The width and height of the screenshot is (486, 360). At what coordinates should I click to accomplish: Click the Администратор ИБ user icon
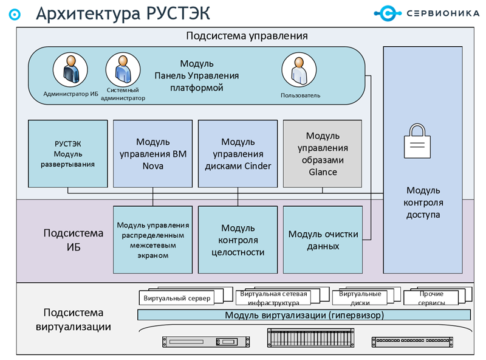70,70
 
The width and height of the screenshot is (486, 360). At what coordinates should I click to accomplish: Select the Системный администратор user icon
123,70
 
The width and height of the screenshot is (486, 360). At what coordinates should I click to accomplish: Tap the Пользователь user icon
299,70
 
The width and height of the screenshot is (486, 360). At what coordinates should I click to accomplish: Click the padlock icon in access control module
417,141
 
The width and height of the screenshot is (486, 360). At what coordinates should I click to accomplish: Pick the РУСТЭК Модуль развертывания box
68,154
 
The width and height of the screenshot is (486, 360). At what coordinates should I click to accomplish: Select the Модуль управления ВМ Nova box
153,154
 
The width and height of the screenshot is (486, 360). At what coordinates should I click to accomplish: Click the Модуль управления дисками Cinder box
238,154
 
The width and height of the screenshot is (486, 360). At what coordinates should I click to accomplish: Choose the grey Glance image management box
323,154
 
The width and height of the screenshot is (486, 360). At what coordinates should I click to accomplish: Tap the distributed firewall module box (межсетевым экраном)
153,240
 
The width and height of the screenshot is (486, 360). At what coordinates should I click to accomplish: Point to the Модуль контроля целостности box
238,240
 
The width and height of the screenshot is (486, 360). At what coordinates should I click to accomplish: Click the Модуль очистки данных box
323,240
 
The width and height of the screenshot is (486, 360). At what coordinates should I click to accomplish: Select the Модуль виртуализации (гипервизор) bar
304,315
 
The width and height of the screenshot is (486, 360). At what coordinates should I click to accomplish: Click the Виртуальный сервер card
177,298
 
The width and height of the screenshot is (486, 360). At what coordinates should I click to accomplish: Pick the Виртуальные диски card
360,297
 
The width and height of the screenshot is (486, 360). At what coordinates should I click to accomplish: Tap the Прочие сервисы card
431,297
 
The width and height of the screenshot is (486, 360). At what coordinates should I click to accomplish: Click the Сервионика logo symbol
388,13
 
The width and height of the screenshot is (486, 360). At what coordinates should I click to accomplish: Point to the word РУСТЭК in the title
178,13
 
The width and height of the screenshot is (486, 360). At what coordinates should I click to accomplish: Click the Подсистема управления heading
247,36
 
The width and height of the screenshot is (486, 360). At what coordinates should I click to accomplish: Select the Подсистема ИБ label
74,240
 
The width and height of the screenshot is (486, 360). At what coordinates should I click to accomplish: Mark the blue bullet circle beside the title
15,14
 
